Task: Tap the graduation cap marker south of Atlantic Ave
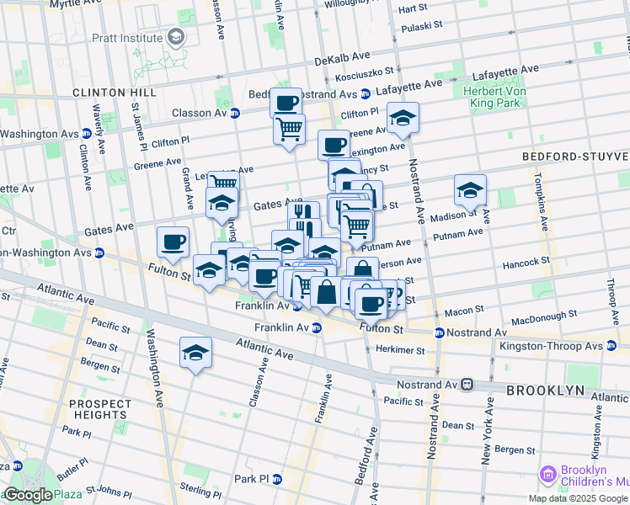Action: click(x=195, y=353)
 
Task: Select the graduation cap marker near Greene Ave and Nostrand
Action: click(x=403, y=118)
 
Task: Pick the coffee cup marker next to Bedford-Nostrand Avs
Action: click(x=286, y=103)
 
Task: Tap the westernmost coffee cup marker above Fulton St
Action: click(x=173, y=242)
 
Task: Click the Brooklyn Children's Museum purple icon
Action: click(x=548, y=476)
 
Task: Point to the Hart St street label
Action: click(x=414, y=8)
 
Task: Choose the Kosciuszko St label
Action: click(x=360, y=76)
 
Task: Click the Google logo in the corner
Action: click(x=27, y=496)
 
